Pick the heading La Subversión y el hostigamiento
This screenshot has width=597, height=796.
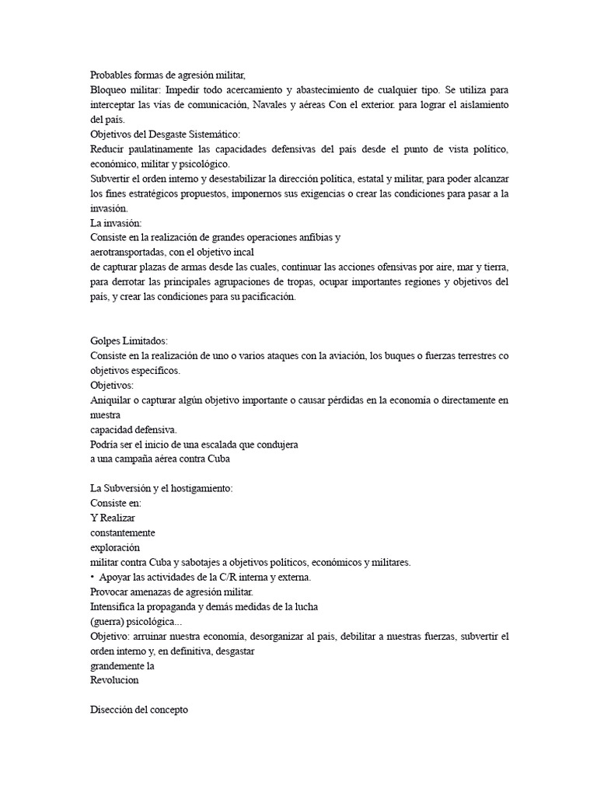pyautogui.click(x=161, y=488)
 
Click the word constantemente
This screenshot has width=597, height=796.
pyautogui.click(x=123, y=532)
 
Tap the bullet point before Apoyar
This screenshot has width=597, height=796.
pyautogui.click(x=93, y=577)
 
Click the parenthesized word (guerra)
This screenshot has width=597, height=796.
pyautogui.click(x=110, y=621)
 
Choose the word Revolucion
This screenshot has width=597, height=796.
pyautogui.click(x=116, y=679)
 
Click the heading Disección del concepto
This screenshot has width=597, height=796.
pyautogui.click(x=139, y=710)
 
